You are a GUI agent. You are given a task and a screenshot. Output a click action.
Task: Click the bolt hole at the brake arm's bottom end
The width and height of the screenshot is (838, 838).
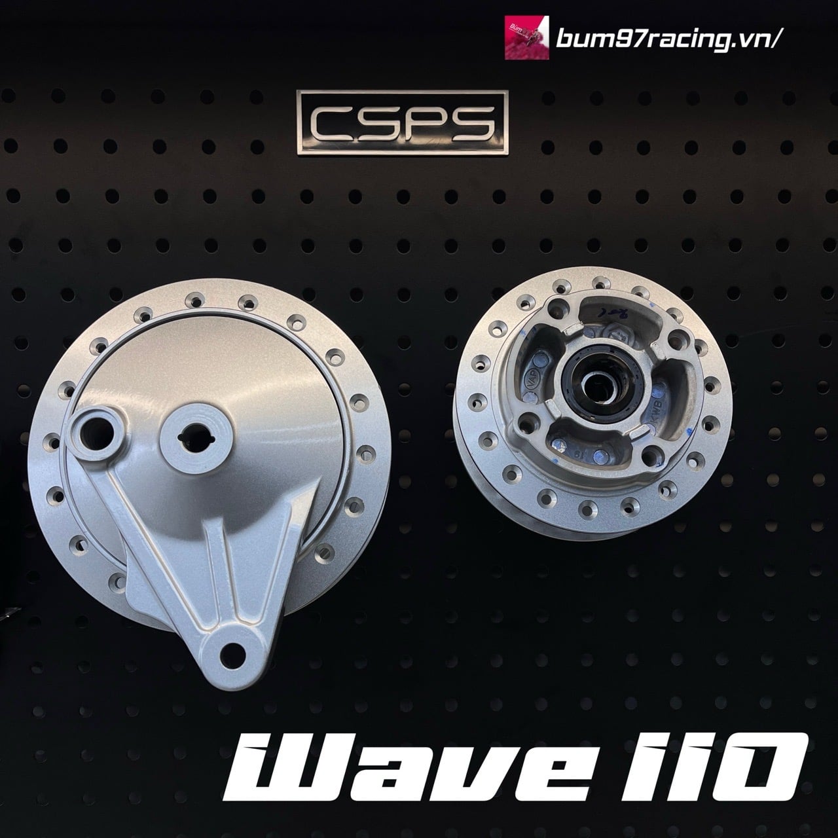point(229,650)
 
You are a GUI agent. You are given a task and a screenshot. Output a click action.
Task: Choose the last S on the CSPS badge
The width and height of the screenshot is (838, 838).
point(470,123)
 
